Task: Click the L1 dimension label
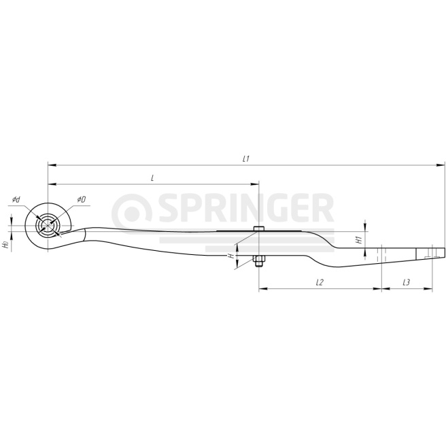[246, 159]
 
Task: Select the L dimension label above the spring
[152, 178]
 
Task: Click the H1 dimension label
[359, 240]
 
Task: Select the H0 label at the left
[5, 244]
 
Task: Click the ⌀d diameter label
[16, 199]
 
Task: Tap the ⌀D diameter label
[82, 199]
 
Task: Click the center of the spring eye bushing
[48, 226]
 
